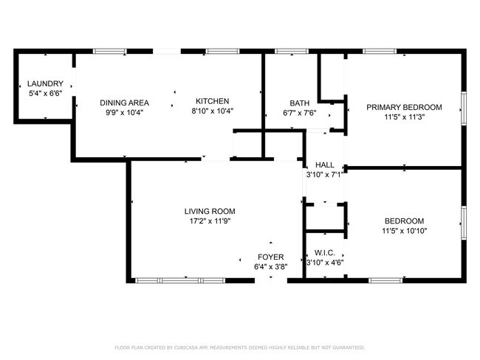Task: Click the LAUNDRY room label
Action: click(45, 84)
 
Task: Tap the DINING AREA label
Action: click(126, 103)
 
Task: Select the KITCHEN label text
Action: click(212, 102)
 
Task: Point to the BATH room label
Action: click(299, 103)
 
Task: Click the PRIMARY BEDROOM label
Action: click(404, 107)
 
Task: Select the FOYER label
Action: click(270, 257)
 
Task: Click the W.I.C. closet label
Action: click(325, 252)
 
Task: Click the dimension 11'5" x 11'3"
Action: click(404, 117)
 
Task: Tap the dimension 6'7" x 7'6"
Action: click(299, 113)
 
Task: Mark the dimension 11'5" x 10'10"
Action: click(404, 231)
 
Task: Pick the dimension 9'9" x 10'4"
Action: click(126, 112)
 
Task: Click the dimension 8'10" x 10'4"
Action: click(212, 111)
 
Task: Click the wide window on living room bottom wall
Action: click(181, 280)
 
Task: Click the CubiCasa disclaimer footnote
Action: click(240, 347)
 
